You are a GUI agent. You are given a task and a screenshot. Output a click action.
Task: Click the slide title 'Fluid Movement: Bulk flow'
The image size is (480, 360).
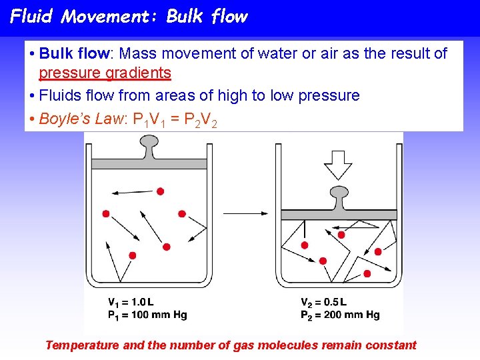coord(129,17)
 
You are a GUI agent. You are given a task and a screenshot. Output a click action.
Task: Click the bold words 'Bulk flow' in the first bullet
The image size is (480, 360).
coord(74,53)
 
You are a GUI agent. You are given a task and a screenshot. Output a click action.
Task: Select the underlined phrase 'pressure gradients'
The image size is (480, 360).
coord(105,73)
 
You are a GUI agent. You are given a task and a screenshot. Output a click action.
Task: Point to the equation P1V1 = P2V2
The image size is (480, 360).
coord(175,120)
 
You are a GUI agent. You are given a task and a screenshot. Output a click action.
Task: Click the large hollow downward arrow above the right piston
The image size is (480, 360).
coord(337,164)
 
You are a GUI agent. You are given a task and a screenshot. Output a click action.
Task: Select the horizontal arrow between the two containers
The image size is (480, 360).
coord(246,214)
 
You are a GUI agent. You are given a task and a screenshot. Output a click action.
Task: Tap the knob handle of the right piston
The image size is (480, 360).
coord(338,197)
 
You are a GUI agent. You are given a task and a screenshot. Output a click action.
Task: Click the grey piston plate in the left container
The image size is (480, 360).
coord(149,164)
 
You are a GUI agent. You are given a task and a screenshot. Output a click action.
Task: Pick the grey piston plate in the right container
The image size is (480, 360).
coord(339,215)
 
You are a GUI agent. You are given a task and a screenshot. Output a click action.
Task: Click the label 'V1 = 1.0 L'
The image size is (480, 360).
coord(131,302)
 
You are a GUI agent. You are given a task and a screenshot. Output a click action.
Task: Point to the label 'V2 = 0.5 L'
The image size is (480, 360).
coord(323,302)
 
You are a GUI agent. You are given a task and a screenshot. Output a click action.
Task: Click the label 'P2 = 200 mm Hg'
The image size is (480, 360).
coord(340,315)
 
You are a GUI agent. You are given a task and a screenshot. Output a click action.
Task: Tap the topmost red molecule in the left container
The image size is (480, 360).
coord(160,191)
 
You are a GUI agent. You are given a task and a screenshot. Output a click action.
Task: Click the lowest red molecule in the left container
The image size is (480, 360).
coord(133,255)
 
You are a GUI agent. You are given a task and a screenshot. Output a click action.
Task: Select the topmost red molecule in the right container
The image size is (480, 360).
coord(341,235)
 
